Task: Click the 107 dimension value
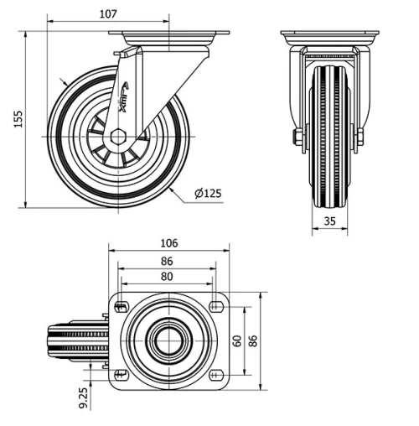pos(107,13)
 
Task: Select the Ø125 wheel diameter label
pos(208,194)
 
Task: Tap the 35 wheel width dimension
pos(328,221)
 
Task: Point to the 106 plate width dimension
pos(168,243)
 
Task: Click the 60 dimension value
pos(238,340)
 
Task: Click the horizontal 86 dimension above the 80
pos(168,261)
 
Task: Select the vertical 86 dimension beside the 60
pos(253,340)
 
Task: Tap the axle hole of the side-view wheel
pos(117,136)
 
